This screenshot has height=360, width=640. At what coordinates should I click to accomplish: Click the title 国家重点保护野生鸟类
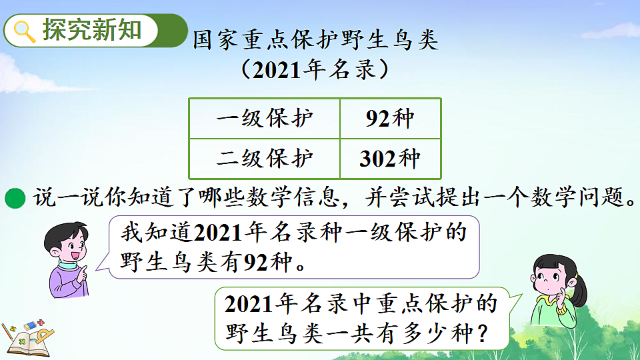315,40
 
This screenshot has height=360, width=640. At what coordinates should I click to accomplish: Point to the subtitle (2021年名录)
315,69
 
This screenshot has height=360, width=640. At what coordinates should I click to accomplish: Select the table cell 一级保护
265,119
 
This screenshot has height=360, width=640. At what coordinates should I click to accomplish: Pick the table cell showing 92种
390,119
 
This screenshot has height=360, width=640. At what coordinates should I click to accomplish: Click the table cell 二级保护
265,158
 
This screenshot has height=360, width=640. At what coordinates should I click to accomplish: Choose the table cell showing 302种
390,158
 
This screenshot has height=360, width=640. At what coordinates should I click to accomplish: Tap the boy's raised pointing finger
83,270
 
